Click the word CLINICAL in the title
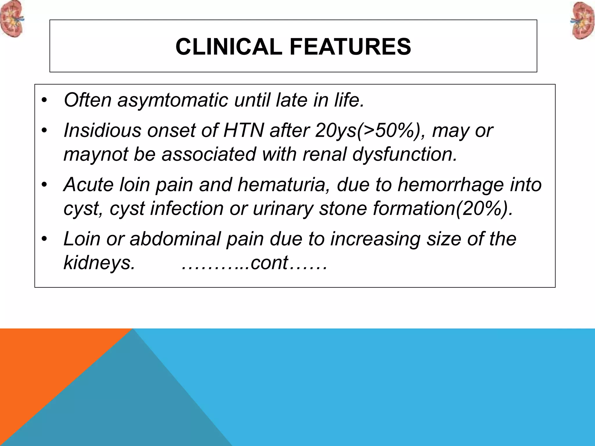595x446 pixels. (229, 47)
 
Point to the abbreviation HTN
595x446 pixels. (243, 130)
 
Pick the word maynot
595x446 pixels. (96, 154)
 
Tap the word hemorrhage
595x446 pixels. (450, 185)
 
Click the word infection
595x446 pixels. (187, 208)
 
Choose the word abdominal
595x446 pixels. (175, 239)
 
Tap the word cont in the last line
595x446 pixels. (269, 263)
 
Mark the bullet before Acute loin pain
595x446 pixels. (44, 185)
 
